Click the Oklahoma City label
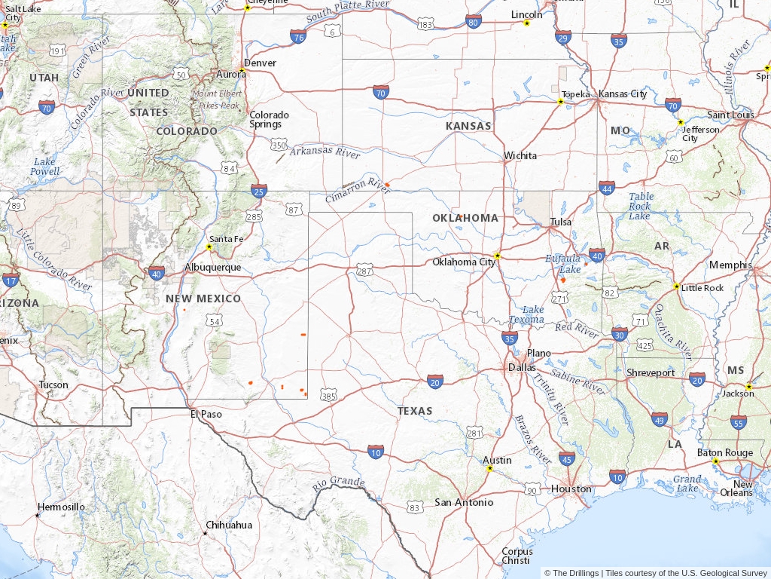pyautogui.click(x=464, y=262)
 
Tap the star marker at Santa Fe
pyautogui.click(x=209, y=247)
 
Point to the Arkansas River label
pyautogui.click(x=325, y=152)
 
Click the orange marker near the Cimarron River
pyautogui.click(x=387, y=184)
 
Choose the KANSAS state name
pyautogui.click(x=468, y=126)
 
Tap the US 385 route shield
pyautogui.click(x=328, y=395)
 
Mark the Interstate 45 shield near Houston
pyautogui.click(x=567, y=458)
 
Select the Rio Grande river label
pyautogui.click(x=339, y=482)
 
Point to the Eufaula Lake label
pyautogui.click(x=563, y=263)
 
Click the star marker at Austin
pyautogui.click(x=489, y=468)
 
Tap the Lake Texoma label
pyautogui.click(x=526, y=314)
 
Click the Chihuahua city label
pyautogui.click(x=229, y=525)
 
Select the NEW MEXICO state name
pyautogui.click(x=203, y=299)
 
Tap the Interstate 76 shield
pyautogui.click(x=298, y=36)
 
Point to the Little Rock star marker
pyautogui.click(x=676, y=286)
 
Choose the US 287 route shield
pyautogui.click(x=365, y=270)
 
